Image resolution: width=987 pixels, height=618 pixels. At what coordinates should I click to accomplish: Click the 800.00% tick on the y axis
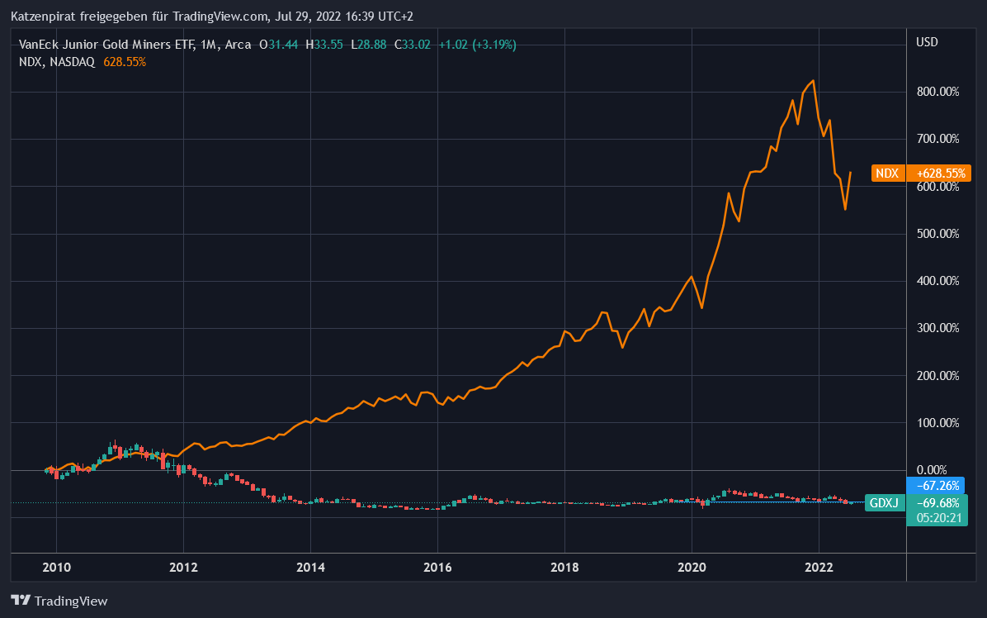coord(939,92)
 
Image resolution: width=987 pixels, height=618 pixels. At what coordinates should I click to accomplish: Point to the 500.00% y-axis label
coord(939,234)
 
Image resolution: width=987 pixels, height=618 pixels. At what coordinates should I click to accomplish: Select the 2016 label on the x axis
coord(437,568)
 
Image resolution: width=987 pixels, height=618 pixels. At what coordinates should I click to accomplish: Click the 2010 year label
coord(56,568)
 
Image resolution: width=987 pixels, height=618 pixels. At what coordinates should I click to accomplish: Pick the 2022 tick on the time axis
coord(819,568)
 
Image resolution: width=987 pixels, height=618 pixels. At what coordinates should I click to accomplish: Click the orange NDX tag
coord(887,174)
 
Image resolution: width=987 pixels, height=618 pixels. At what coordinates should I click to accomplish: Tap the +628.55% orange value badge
coord(937,174)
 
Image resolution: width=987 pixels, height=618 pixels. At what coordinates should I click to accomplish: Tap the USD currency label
coord(927,42)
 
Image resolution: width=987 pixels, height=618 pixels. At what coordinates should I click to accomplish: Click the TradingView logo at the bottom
coord(59,601)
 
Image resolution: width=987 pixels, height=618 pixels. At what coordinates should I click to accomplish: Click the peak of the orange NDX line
coord(814,81)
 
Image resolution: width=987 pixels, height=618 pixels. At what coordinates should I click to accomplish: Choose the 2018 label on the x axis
coord(564,568)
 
